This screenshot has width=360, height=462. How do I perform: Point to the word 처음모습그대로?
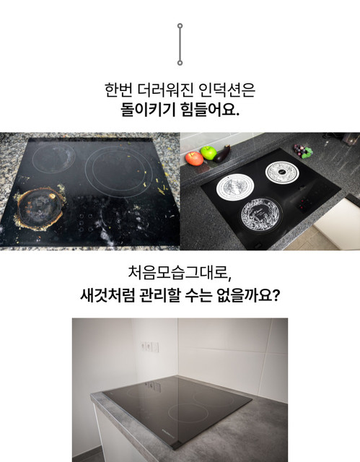point(180,273)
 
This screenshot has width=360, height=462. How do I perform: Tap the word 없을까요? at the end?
point(248,295)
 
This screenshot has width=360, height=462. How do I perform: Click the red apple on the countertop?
point(194,159)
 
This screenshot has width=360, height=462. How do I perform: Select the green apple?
point(208,153)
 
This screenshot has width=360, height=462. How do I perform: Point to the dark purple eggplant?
point(222,154)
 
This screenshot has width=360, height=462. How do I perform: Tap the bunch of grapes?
point(302,151)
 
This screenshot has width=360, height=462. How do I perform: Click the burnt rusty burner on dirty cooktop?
point(40,209)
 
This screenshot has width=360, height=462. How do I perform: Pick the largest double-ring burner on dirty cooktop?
point(119,171)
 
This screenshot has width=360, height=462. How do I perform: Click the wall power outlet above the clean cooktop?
point(149,346)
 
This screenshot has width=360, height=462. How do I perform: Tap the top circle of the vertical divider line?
point(180,26)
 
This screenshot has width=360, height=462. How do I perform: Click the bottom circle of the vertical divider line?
point(180,63)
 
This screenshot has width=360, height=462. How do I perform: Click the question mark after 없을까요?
point(276,295)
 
